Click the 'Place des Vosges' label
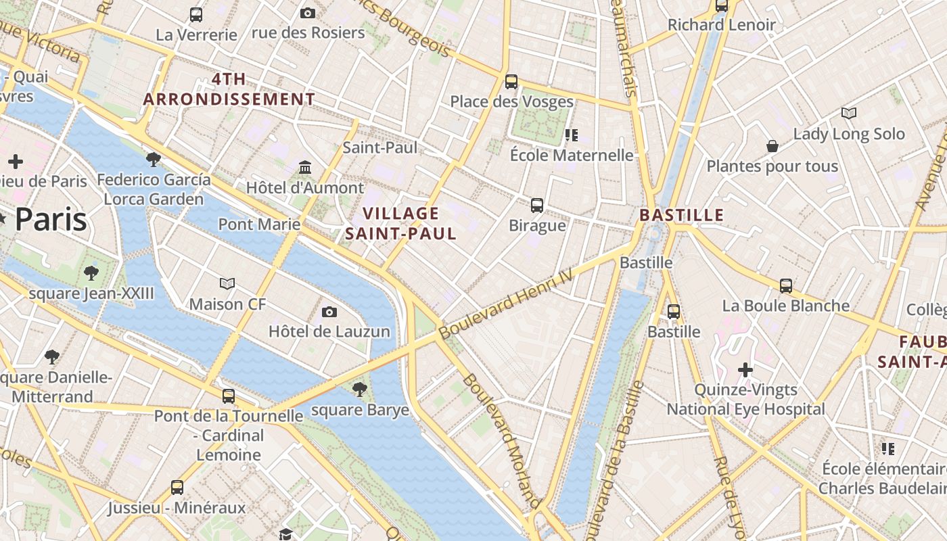pos(511,101)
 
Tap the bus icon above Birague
pos(537,205)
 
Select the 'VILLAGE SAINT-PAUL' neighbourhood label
pos(400,224)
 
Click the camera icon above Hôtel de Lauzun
pos(329,312)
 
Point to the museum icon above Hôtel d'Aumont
pos(305,167)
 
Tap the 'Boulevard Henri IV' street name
pos(506,304)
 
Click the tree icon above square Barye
pos(360,390)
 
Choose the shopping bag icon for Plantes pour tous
pos(772,146)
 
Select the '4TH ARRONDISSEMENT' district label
pos(229,89)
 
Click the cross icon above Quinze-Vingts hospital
pos(745,370)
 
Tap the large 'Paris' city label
pos(51,220)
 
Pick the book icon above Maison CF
pos(227,283)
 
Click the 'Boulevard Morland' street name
pos(501,440)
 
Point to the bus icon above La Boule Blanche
pos(786,285)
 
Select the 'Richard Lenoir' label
pos(721,25)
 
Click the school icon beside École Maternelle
pos(572,135)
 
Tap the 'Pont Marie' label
pos(259,224)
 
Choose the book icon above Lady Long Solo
pos(849,113)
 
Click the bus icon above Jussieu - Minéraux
pos(177,487)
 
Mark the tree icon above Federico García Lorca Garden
pos(154,160)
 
